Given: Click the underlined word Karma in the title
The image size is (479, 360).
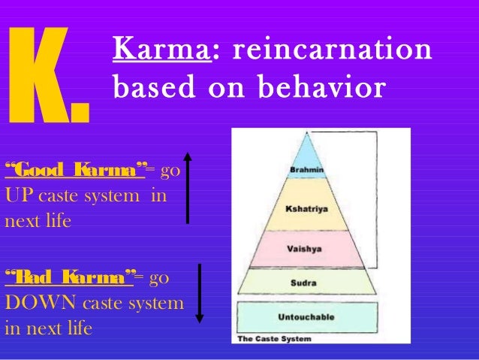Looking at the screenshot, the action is pos(156,50).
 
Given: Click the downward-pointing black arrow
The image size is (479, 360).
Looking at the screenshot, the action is pos(200,292).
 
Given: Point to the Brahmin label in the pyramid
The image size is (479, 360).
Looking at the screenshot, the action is pos(307,170).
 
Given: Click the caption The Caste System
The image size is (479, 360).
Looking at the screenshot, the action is pos(274,339).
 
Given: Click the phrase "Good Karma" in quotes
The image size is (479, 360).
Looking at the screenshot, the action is pos(74,168).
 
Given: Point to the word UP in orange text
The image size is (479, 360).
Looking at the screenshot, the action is pos(19,195).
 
